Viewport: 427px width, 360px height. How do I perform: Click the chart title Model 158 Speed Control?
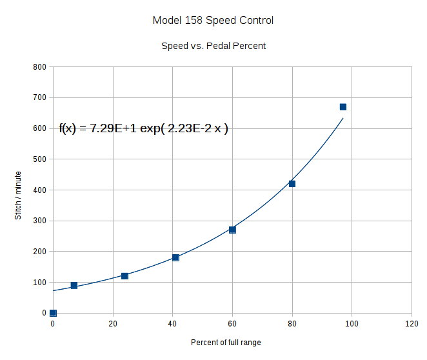point(213,21)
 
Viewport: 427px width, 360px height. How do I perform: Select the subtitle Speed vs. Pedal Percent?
point(213,46)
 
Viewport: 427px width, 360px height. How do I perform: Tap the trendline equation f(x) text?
point(143,128)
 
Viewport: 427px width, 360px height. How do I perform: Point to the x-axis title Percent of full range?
point(226,342)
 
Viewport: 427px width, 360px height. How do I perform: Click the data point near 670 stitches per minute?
point(343,107)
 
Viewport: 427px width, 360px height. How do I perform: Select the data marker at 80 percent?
point(292,184)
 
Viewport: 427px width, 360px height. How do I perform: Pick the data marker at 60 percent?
point(232,230)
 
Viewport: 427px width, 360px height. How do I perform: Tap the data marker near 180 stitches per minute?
point(175,257)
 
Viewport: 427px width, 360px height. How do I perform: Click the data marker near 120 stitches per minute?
point(124,276)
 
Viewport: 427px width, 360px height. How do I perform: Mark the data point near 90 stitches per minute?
point(74,285)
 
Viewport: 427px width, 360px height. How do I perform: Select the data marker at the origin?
point(53,313)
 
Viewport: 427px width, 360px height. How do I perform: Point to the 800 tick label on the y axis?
point(40,67)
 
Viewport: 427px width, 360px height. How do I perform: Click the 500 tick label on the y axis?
point(40,159)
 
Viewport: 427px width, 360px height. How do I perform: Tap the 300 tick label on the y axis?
point(40,221)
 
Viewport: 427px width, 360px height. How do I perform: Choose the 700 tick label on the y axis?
point(40,98)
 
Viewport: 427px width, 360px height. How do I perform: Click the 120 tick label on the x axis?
point(412,324)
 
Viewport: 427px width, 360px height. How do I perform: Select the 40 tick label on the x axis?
point(173,324)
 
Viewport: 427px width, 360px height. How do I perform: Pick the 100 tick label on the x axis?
point(352,324)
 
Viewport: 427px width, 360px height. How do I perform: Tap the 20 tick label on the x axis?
point(113,324)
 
